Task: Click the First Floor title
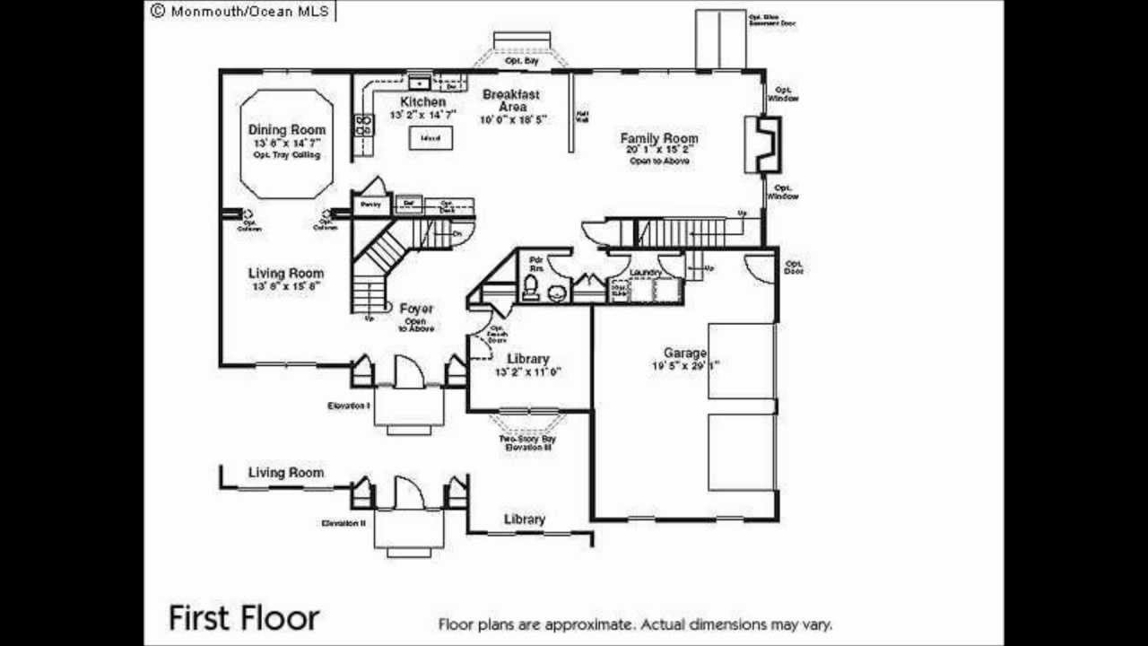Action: pyautogui.click(x=243, y=617)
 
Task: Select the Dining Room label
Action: pyautogui.click(x=286, y=130)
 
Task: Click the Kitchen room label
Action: pyautogui.click(x=422, y=102)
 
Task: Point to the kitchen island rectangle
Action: pyautogui.click(x=430, y=138)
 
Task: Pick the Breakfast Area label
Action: pyautogui.click(x=511, y=100)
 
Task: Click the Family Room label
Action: pyautogui.click(x=659, y=138)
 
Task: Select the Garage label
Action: pyautogui.click(x=685, y=353)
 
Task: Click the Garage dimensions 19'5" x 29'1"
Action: pyautogui.click(x=685, y=365)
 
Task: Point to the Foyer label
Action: pyautogui.click(x=416, y=309)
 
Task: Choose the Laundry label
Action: pyautogui.click(x=646, y=272)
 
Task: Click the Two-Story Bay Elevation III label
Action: pyautogui.click(x=526, y=442)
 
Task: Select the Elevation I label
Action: pyautogui.click(x=349, y=406)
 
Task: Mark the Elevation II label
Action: pyautogui.click(x=344, y=522)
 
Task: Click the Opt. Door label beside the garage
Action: pyautogui.click(x=794, y=266)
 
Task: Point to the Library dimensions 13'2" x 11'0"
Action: pyautogui.click(x=528, y=371)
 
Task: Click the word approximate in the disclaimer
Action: pyautogui.click(x=588, y=624)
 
